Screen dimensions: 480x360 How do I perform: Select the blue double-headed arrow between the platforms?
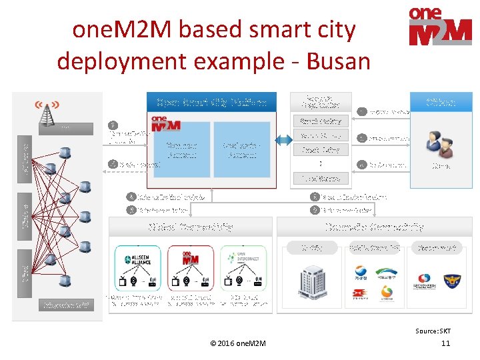(x=283, y=140)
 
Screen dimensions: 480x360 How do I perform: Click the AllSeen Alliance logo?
(x=138, y=259)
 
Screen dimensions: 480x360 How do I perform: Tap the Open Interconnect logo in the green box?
(x=243, y=259)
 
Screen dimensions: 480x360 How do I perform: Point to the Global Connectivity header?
(x=190, y=227)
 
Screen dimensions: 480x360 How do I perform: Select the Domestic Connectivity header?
(x=375, y=227)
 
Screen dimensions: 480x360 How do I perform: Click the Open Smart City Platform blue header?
(x=211, y=102)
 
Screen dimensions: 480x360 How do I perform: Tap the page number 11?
(x=446, y=343)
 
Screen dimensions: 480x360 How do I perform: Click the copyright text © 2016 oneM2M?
(x=237, y=343)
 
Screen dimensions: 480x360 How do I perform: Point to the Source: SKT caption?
(x=433, y=331)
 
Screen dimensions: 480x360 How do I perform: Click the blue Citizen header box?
(x=441, y=102)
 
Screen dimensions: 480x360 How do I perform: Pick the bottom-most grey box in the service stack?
(x=321, y=178)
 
